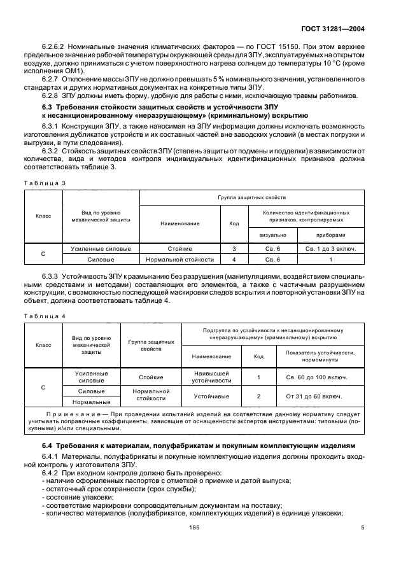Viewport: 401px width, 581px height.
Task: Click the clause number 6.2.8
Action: [x=53, y=95]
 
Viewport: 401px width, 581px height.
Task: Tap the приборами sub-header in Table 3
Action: [x=330, y=234]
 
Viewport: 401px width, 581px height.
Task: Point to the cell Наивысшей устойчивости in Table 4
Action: [x=209, y=377]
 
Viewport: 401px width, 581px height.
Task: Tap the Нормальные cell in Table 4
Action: [x=91, y=402]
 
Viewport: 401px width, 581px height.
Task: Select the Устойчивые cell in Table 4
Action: [x=209, y=396]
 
